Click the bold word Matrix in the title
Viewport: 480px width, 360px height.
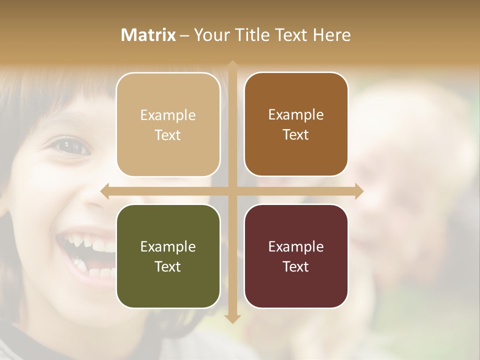148,35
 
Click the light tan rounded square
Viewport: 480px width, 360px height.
168,124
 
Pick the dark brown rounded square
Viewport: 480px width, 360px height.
296,124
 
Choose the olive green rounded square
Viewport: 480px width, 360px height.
168,256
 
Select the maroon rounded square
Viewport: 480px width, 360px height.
296,256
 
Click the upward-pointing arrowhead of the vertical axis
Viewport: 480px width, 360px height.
232,65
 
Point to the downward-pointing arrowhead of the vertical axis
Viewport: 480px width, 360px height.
232,318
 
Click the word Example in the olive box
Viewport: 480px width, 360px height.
168,246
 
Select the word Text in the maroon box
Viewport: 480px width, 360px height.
296,266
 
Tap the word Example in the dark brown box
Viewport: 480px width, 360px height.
296,114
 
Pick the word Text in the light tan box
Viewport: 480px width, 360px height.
168,135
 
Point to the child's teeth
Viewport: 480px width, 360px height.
95,247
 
